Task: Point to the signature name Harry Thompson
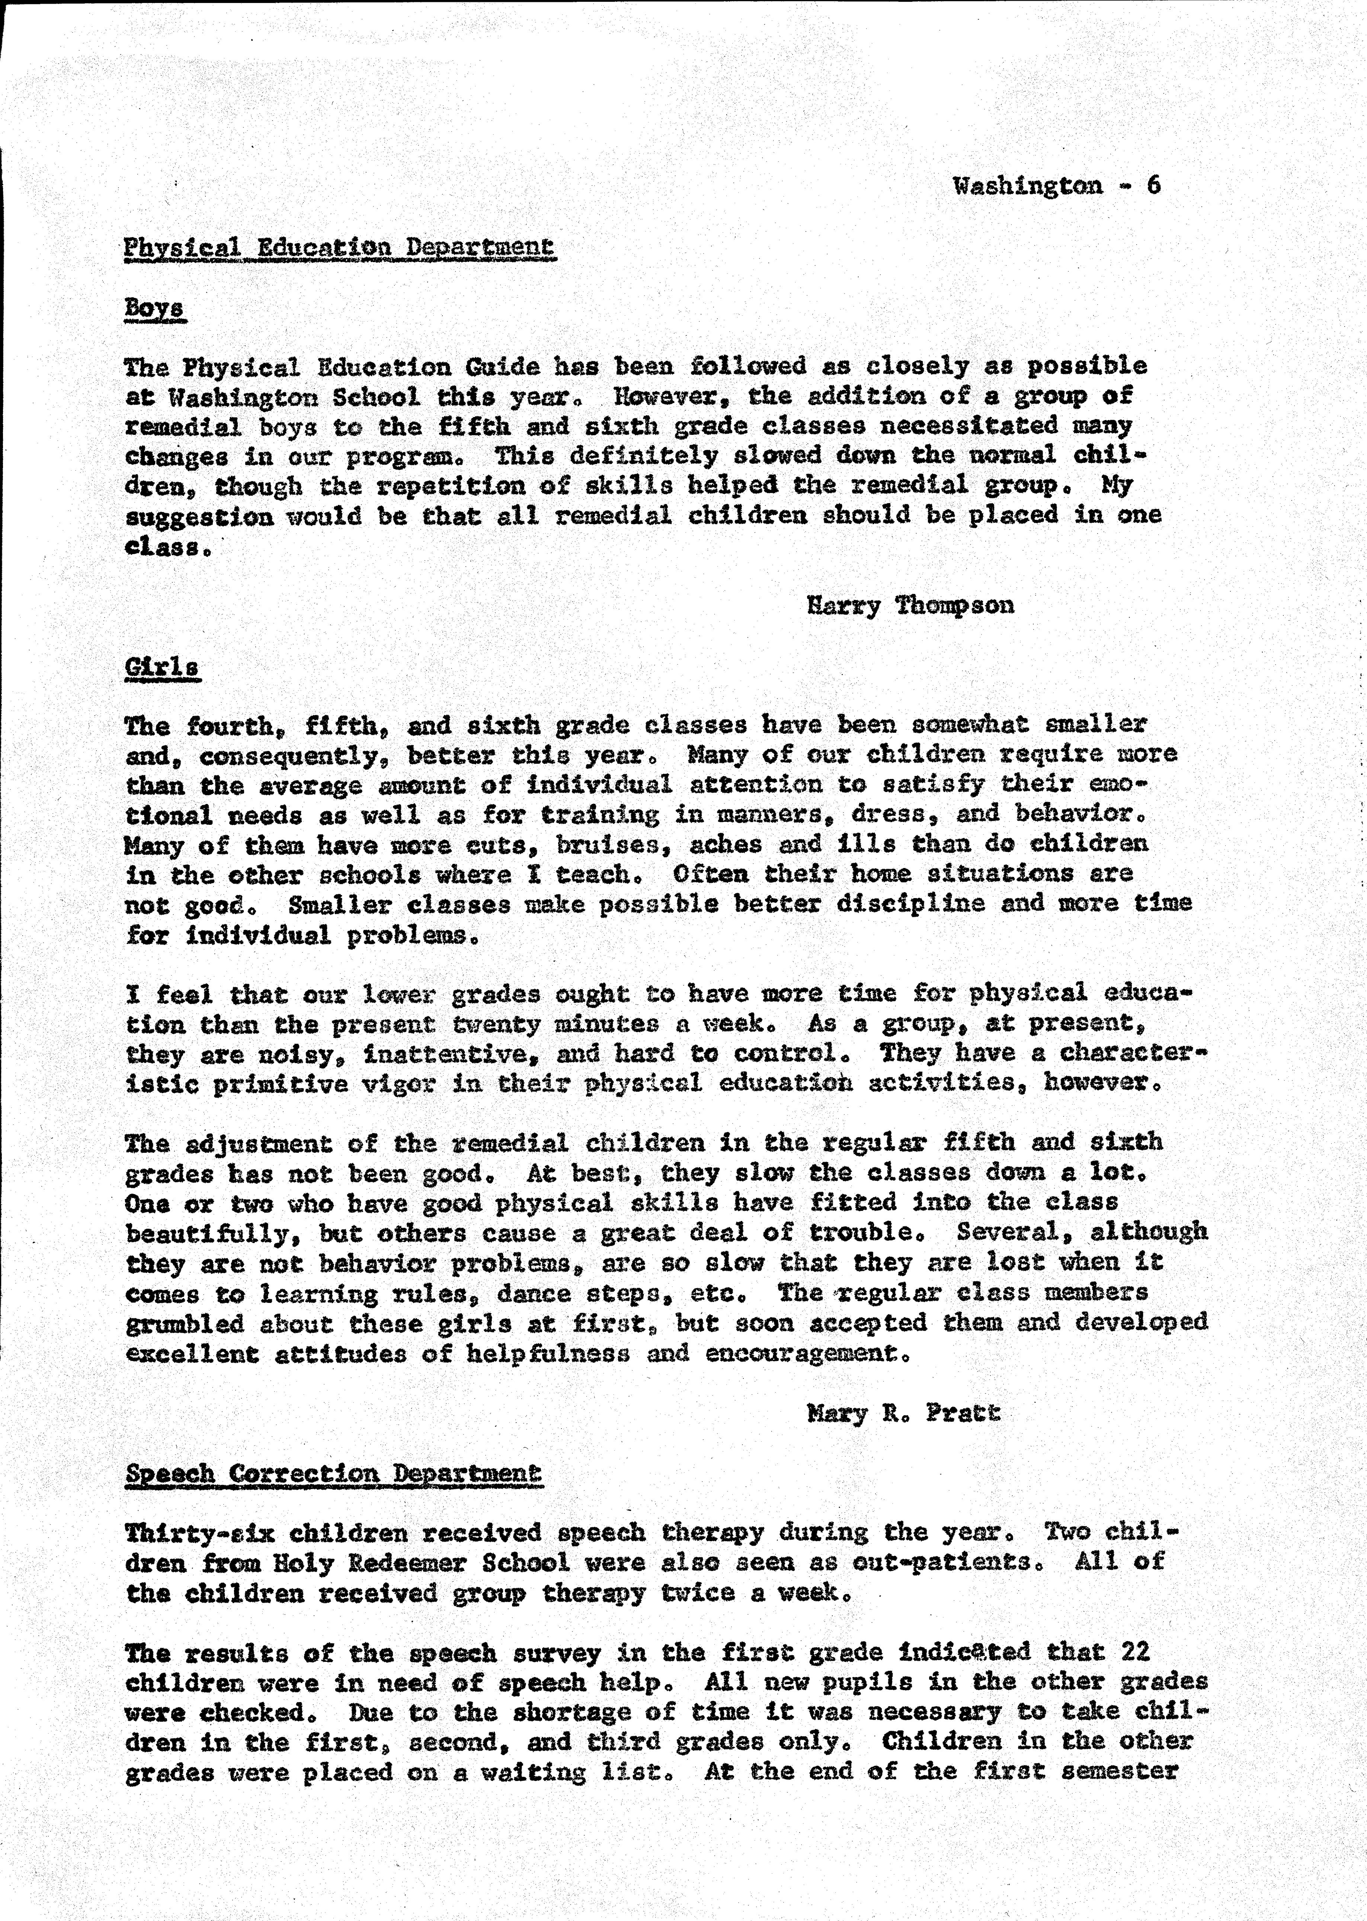pyautogui.click(x=910, y=605)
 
